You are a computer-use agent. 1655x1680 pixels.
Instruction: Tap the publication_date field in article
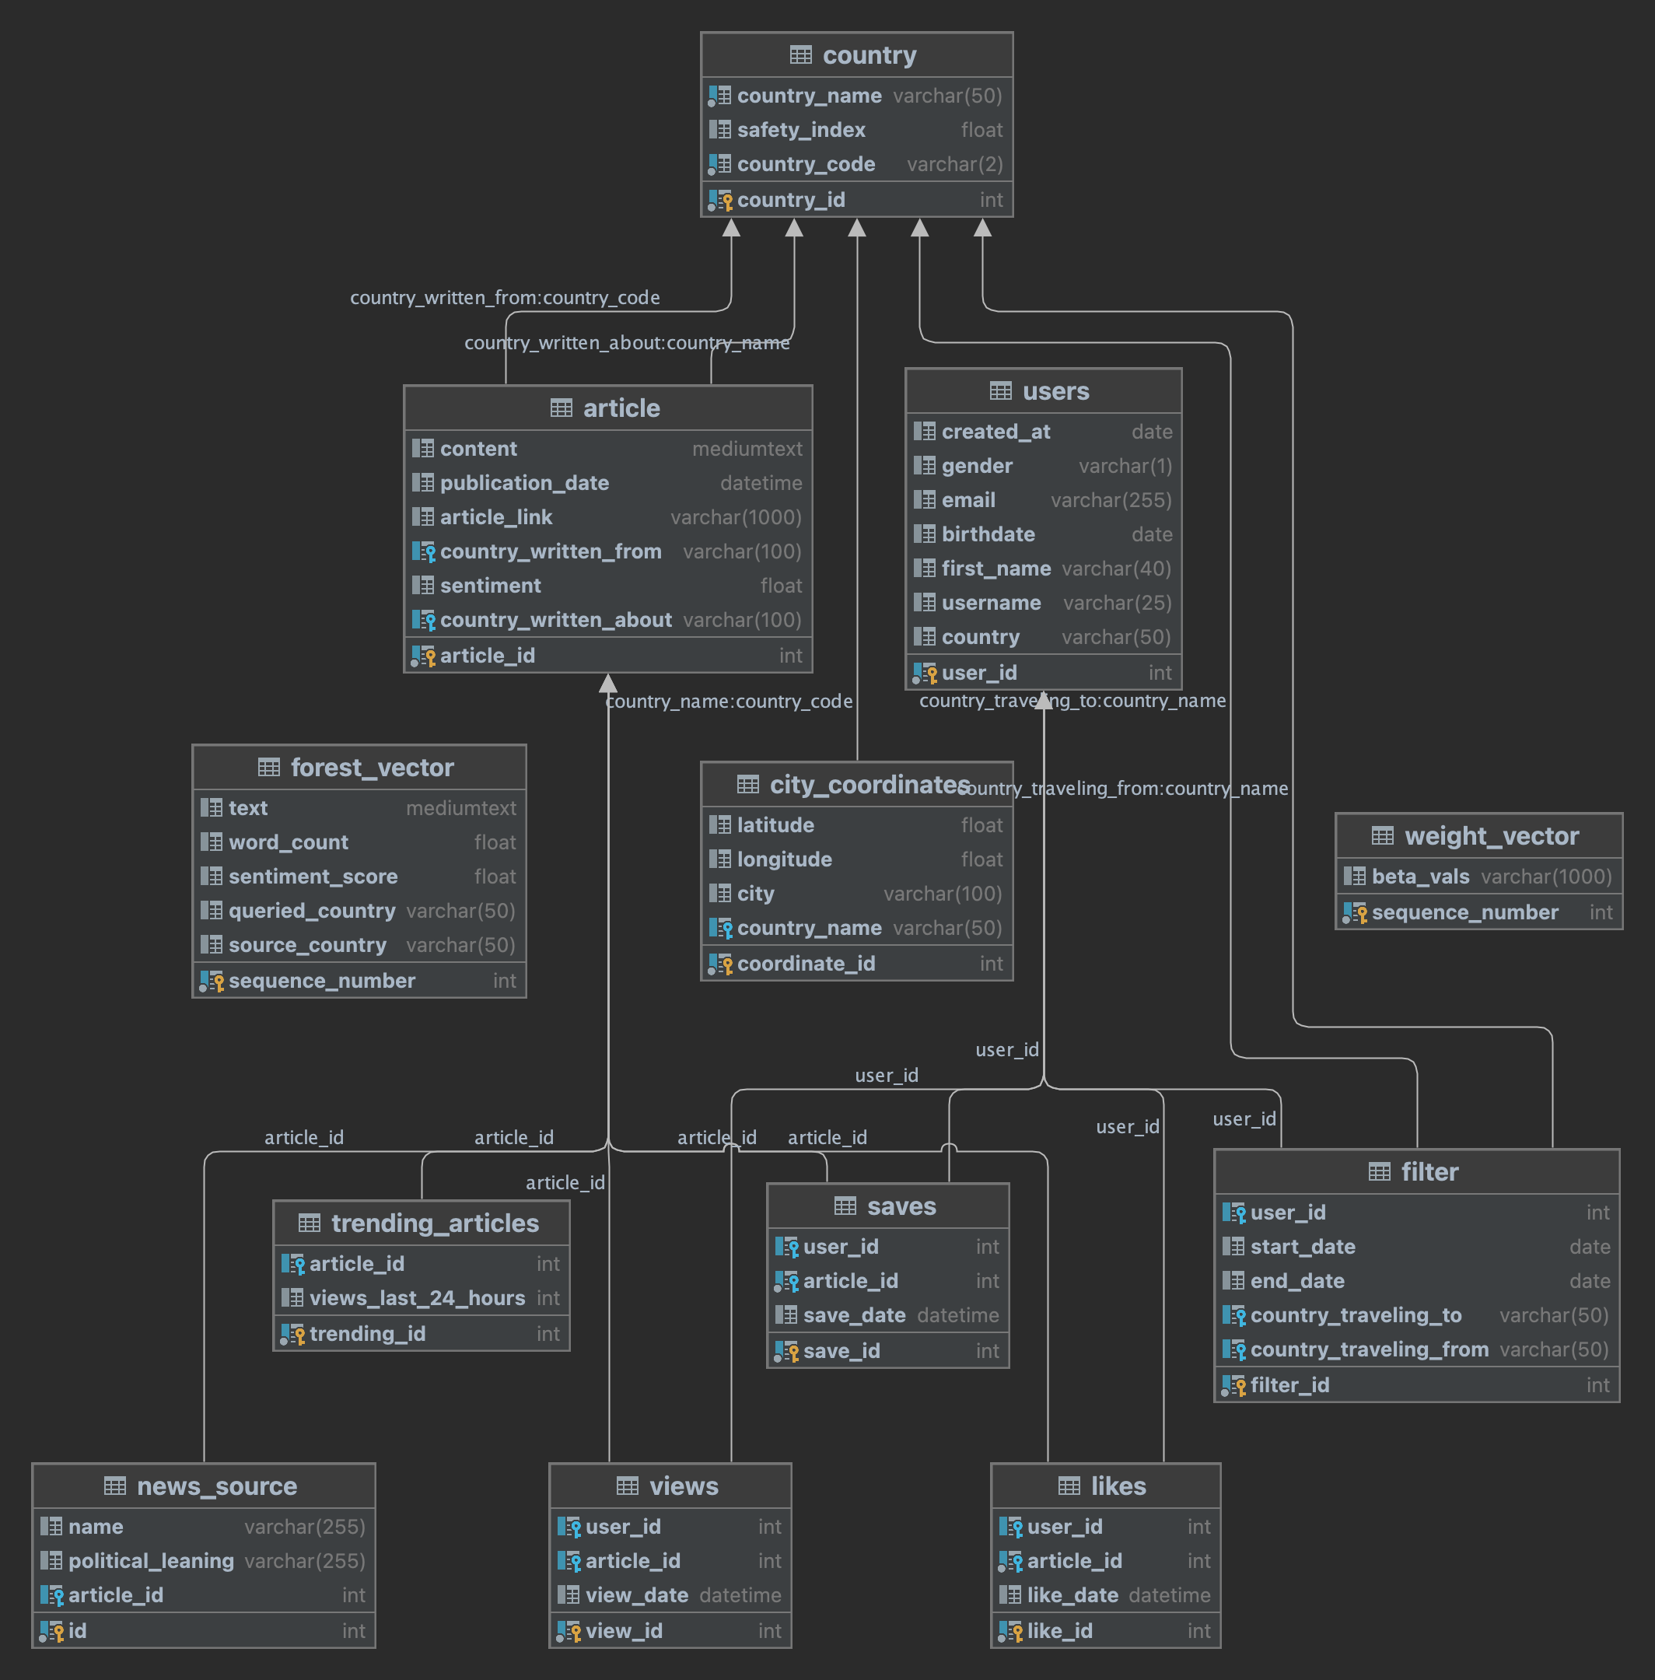point(524,482)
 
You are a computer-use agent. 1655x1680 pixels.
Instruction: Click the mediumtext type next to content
point(747,449)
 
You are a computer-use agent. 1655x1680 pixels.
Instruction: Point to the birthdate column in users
point(988,534)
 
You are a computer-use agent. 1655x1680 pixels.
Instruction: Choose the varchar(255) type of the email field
point(1111,500)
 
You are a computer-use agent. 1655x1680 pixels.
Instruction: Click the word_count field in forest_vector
point(288,842)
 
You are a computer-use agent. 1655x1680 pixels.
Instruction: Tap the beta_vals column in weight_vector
point(1420,876)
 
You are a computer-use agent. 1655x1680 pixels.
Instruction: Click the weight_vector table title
point(1492,835)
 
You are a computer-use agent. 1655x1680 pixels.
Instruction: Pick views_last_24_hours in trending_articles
point(417,1297)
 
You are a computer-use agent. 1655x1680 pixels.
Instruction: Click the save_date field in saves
point(855,1315)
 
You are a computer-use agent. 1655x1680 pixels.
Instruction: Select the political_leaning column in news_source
point(151,1560)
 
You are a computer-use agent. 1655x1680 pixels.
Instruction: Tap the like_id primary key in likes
point(1059,1630)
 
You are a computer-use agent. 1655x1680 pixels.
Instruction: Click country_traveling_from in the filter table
point(1369,1349)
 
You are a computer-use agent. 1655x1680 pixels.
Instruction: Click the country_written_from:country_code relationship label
point(505,297)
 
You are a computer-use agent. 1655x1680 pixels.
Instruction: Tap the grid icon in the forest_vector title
point(268,767)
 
